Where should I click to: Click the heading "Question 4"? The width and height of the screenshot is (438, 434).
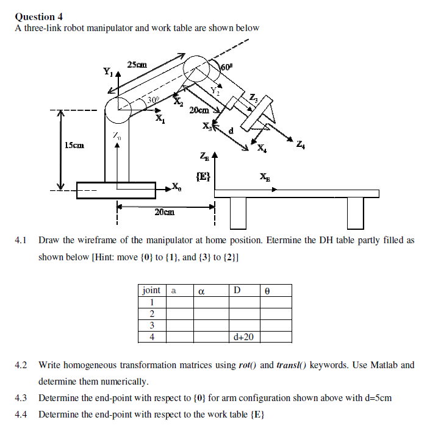point(38,16)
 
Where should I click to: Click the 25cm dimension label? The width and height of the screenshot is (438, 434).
point(137,65)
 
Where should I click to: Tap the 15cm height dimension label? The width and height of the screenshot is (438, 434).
point(74,145)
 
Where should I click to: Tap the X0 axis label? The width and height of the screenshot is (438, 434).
point(176,187)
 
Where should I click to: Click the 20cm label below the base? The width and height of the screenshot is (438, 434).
point(164,212)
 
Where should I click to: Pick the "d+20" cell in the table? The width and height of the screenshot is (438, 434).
point(243,336)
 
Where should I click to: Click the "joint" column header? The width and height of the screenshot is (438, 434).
point(152,290)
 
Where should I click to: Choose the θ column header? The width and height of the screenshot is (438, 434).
point(267,291)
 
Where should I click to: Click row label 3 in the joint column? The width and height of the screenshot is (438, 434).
point(151,325)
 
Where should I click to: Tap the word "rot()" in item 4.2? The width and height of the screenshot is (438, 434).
point(247,365)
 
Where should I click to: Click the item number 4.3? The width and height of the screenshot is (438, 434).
point(21,398)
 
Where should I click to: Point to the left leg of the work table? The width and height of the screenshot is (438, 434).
point(237,212)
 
